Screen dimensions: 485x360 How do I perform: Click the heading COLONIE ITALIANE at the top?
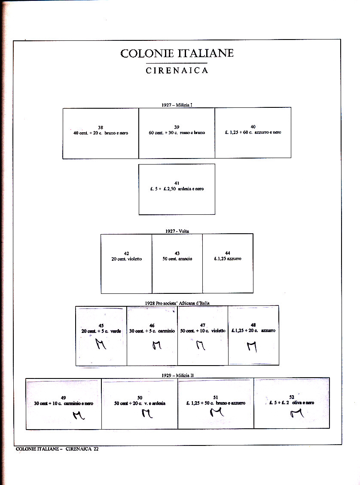[x=177, y=53]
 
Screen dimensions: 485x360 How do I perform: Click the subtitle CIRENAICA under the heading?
[x=177, y=70]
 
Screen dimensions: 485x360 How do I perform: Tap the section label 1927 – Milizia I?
[x=177, y=104]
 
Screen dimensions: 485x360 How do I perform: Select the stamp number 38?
[x=101, y=127]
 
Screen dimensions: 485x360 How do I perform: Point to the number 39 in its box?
[x=177, y=127]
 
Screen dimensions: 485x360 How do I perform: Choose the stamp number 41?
[x=177, y=183]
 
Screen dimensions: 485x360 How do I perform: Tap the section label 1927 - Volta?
[x=177, y=231]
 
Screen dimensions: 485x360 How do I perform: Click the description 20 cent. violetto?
[x=126, y=259]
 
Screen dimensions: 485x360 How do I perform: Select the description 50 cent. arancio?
[x=177, y=259]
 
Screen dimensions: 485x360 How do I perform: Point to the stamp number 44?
[x=228, y=253]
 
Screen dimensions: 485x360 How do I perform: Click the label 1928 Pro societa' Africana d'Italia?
[x=177, y=303]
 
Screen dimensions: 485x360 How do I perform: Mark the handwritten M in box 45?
[x=101, y=344]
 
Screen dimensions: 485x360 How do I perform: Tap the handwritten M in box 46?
[x=157, y=345]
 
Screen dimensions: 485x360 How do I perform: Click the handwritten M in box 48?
[x=252, y=345]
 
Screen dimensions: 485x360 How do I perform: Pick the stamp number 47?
[x=203, y=325]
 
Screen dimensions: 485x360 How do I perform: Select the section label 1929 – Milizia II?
[x=177, y=375]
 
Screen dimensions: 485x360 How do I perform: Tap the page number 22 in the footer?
[x=96, y=449]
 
